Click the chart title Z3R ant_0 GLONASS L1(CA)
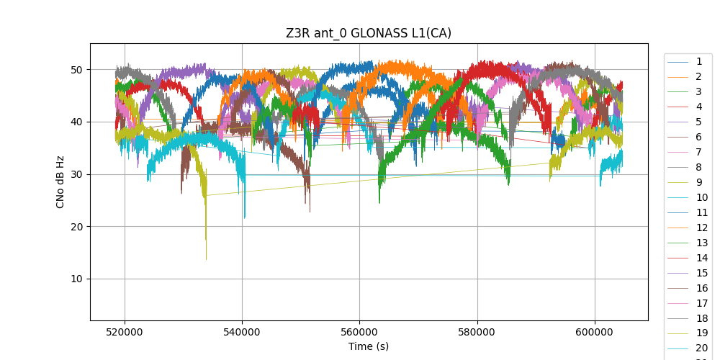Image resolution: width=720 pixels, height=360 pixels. tap(368, 33)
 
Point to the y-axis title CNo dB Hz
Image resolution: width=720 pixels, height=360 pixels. tap(60, 182)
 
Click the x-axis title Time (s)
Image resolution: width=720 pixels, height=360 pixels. tap(369, 346)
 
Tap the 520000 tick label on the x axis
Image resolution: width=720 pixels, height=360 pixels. tap(125, 331)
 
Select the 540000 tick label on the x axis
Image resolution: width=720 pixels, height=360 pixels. tap(242, 331)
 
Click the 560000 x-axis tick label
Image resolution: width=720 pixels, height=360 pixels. tap(359, 331)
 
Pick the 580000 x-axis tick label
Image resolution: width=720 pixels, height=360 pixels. tap(477, 331)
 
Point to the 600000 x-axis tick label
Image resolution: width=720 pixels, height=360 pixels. tap(595, 331)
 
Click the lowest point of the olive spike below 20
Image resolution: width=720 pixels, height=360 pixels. tap(206, 260)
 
